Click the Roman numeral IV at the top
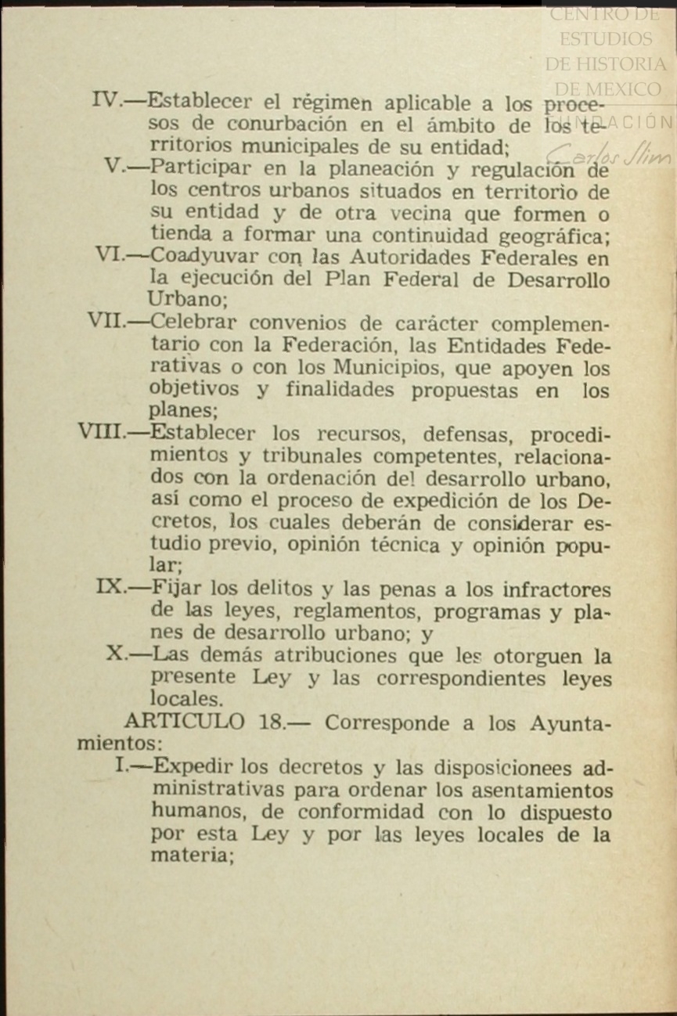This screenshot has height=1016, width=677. click(105, 100)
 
